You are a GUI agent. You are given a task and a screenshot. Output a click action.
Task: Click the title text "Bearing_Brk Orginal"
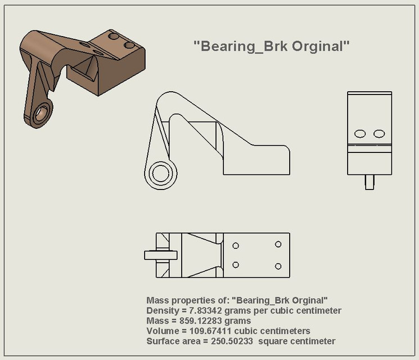[272, 47]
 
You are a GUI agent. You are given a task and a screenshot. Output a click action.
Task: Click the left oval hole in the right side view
[361, 133]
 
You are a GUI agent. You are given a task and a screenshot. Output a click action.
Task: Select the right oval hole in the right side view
[379, 133]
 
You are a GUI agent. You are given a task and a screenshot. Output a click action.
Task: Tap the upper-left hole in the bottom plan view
[236, 246]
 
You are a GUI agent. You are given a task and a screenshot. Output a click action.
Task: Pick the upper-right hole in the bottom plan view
[278, 244]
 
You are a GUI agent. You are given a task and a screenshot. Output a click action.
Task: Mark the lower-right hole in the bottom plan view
[278, 265]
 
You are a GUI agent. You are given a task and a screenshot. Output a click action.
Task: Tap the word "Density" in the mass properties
[162, 310]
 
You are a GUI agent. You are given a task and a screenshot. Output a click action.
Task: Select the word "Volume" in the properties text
[162, 331]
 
